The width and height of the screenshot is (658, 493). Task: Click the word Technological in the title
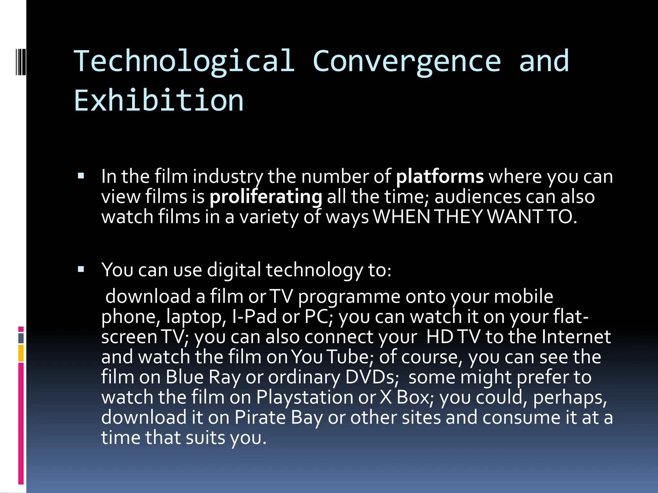tap(184, 61)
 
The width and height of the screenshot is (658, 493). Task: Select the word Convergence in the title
tap(406, 61)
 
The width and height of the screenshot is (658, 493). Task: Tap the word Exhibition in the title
tap(159, 100)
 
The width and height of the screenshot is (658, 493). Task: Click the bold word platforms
tap(440, 177)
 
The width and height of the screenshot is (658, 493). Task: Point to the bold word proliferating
tap(266, 197)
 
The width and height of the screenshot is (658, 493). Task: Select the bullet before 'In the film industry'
tap(81, 176)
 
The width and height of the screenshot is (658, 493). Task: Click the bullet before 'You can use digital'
tap(81, 269)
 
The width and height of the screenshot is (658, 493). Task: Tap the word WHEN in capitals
tap(401, 217)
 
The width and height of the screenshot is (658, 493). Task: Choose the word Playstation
tap(305, 397)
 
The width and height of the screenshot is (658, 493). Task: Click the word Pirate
tap(260, 417)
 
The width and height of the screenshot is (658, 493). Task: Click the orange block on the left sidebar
tap(21, 353)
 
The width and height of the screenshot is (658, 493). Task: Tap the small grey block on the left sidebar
tap(21, 338)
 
